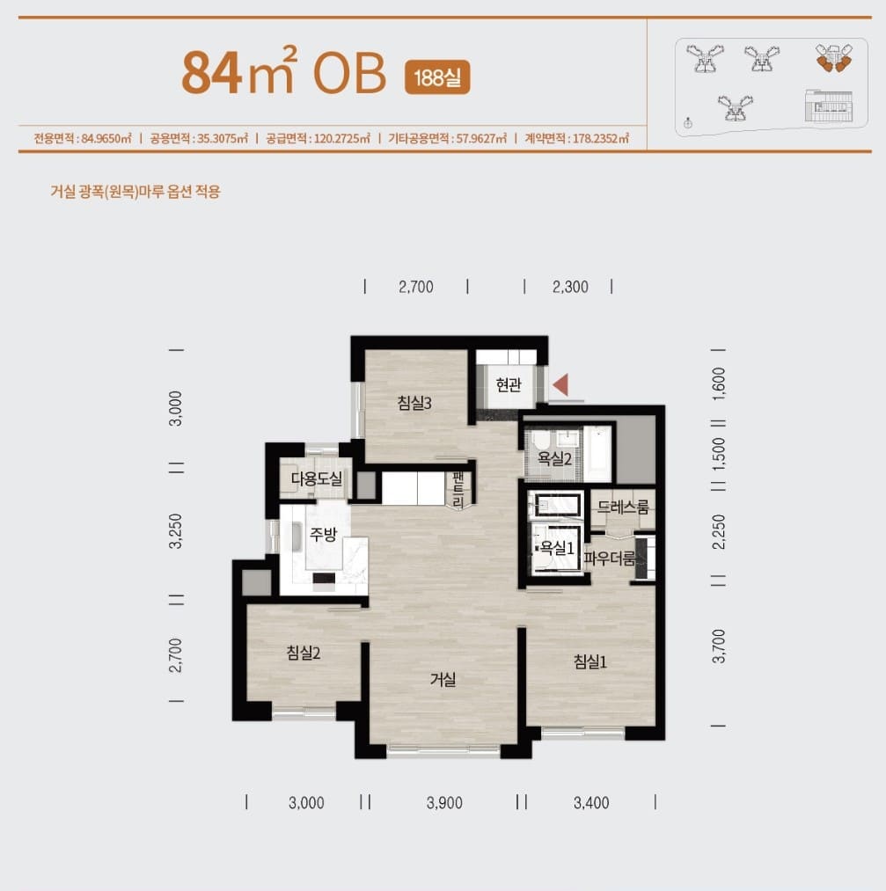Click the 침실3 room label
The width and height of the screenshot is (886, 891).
click(x=414, y=403)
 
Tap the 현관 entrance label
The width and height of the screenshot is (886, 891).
click(x=508, y=384)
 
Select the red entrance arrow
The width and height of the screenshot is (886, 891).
click(x=560, y=384)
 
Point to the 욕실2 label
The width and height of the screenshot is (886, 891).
click(x=554, y=458)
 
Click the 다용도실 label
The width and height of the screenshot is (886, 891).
click(x=317, y=478)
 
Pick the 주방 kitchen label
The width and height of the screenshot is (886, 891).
click(x=323, y=534)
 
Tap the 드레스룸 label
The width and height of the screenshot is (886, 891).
click(x=623, y=507)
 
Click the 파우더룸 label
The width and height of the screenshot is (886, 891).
click(x=609, y=559)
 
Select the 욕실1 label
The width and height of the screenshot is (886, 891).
click(x=557, y=548)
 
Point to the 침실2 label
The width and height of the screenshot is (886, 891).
click(x=304, y=653)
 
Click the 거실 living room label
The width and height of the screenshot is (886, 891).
click(x=443, y=679)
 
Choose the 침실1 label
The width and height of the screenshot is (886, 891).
click(x=589, y=661)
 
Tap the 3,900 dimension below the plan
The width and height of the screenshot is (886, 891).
click(x=444, y=803)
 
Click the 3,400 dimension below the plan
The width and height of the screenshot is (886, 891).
click(x=591, y=803)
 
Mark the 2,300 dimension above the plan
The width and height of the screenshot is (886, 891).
click(x=570, y=287)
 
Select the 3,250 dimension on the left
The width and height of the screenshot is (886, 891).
click(x=176, y=531)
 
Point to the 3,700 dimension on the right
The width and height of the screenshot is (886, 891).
click(x=719, y=646)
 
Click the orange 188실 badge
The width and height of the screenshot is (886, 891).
click(x=437, y=77)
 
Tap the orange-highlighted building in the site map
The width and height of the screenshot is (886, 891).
click(x=834, y=57)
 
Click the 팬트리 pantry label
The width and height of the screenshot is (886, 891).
click(x=458, y=489)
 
